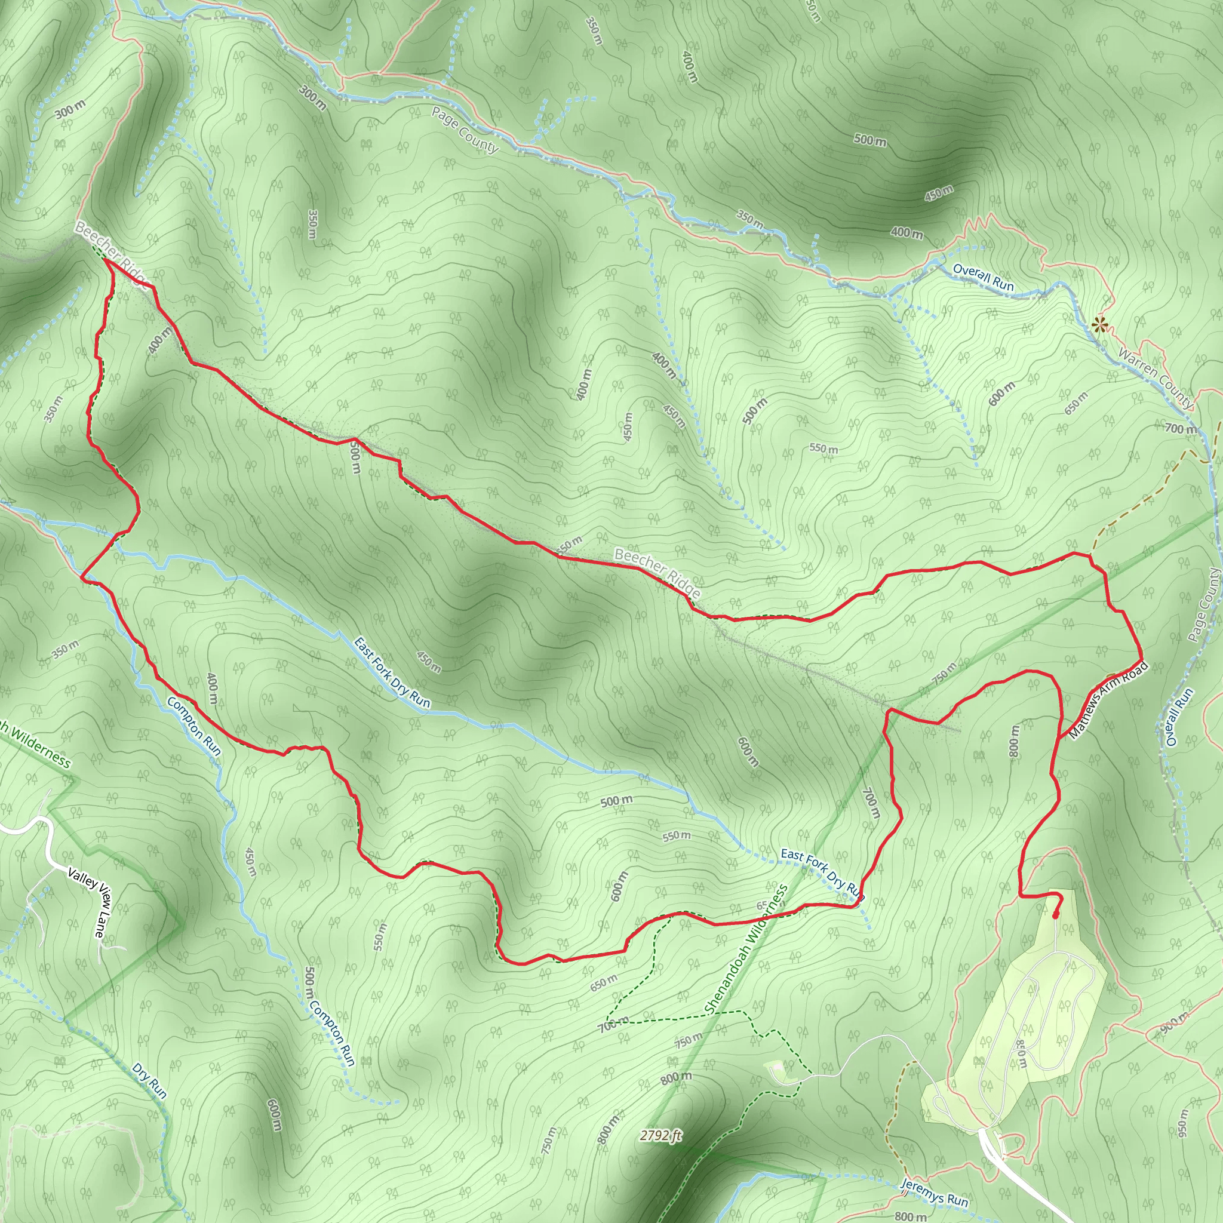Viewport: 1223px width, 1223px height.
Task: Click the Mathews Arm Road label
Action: point(1108,700)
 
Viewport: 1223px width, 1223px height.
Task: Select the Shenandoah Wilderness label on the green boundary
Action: point(746,949)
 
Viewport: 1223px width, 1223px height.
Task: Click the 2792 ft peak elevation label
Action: point(660,1136)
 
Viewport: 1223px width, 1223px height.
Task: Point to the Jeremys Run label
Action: point(934,1193)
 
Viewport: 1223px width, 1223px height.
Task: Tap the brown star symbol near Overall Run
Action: point(1099,326)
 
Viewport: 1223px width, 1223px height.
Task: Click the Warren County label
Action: point(1156,378)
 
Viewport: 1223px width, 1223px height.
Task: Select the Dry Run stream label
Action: point(150,1080)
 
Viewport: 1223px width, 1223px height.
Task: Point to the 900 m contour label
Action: point(1174,1022)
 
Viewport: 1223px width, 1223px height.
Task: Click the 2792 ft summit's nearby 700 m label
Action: point(613,1024)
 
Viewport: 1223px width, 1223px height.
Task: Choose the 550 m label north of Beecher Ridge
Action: point(823,448)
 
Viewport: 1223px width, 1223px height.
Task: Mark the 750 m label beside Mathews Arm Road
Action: point(945,672)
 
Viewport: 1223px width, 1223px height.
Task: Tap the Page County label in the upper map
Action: point(465,130)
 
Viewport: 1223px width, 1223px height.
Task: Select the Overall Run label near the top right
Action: point(983,277)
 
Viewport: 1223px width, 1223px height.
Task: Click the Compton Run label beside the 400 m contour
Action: point(194,726)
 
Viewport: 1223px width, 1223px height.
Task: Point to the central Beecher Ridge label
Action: point(657,573)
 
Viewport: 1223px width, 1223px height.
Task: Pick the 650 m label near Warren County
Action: point(1075,402)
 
